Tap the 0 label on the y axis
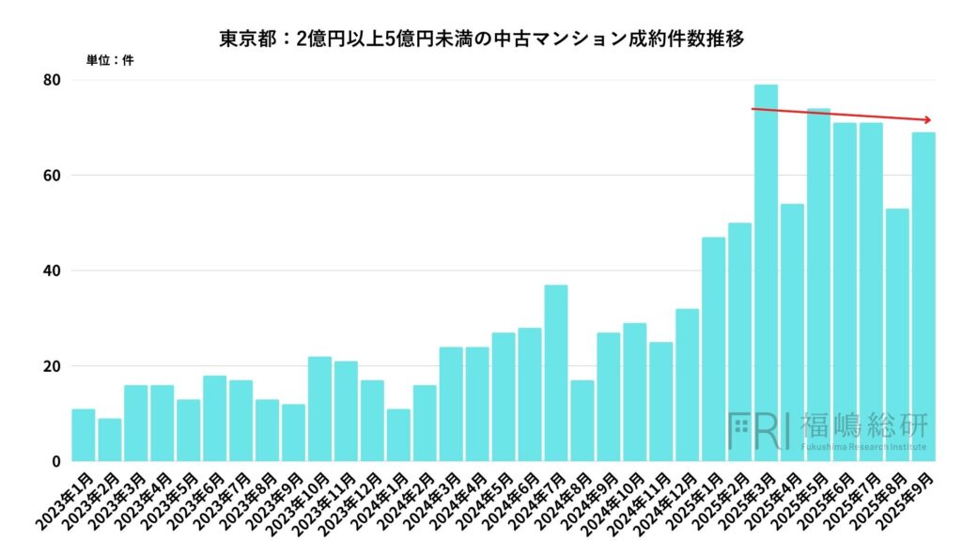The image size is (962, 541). tap(57, 461)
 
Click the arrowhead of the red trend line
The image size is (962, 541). tap(928, 119)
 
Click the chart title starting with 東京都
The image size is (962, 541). tap(481, 39)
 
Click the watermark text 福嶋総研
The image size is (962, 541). tap(863, 425)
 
